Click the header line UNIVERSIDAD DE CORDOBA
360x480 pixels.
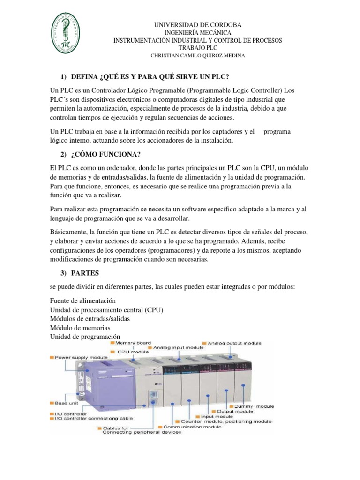pyautogui.click(x=198, y=24)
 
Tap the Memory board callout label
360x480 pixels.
pyautogui.click(x=136, y=343)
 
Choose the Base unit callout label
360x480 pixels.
pyautogui.click(x=67, y=403)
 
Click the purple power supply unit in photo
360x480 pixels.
pyautogui.click(x=94, y=384)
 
